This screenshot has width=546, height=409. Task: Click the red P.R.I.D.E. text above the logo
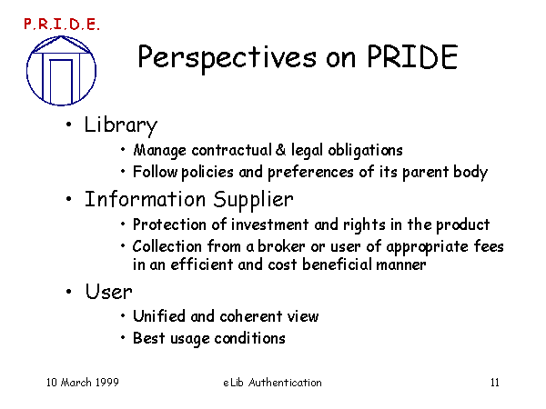point(62,25)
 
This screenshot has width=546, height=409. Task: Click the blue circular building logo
point(61,70)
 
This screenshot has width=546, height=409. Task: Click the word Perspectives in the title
point(227,58)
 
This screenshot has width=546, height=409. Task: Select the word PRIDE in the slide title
point(412,56)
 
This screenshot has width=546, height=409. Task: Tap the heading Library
point(121,125)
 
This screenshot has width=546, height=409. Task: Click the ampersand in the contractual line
point(280,150)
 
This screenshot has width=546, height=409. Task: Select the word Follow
point(156,172)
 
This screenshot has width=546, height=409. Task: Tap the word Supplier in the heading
point(254,200)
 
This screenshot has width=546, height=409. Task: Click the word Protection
point(169,224)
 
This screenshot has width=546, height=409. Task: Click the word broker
point(281,246)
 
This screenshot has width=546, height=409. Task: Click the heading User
point(109,292)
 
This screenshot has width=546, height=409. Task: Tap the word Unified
point(159,316)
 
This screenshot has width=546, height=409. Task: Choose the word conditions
point(249,338)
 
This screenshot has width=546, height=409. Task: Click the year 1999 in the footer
point(106,383)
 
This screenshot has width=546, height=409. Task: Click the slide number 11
point(495,383)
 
